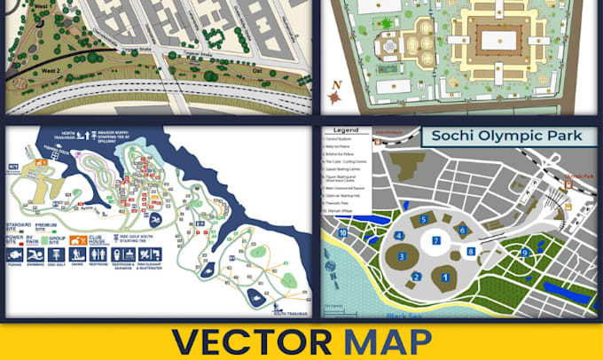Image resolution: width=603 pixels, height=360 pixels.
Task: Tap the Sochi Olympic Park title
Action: coord(502,137)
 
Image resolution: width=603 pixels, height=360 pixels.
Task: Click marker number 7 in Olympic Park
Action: coord(435,240)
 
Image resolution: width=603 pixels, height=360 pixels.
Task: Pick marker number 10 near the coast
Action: coord(342,233)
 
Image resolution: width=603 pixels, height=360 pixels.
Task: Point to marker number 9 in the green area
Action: coord(525,253)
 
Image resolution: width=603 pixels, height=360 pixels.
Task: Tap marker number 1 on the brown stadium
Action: coord(444,278)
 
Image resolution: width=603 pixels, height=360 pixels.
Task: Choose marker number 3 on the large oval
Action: coord(401,257)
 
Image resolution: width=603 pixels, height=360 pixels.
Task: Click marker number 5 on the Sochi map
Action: coord(425,218)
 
